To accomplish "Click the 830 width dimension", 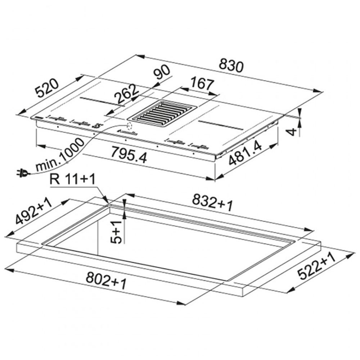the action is pyautogui.click(x=231, y=66).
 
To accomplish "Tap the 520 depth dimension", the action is pyautogui.click(x=47, y=88).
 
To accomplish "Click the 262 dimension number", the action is pyautogui.click(x=127, y=94).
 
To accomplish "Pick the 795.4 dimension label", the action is pyautogui.click(x=129, y=154).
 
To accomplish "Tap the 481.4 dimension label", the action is pyautogui.click(x=245, y=153).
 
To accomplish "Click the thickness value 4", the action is pyautogui.click(x=292, y=132).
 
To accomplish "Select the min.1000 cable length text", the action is pyautogui.click(x=60, y=155).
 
